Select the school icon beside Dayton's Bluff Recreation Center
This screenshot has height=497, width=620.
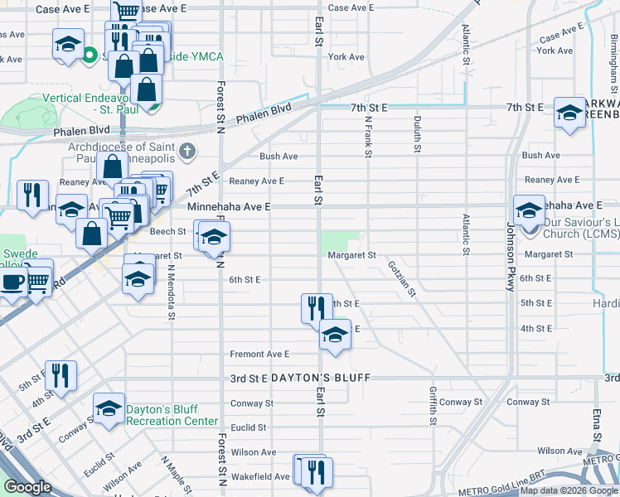[109, 408]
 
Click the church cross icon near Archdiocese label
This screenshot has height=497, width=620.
[188, 151]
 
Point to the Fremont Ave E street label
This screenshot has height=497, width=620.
[259, 354]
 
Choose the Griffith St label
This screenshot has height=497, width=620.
[433, 405]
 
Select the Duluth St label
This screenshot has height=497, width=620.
[416, 128]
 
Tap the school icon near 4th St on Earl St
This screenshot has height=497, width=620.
[334, 335]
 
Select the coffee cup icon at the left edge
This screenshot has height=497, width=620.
[12, 282]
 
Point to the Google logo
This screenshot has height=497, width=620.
[28, 488]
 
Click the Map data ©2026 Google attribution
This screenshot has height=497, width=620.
[568, 490]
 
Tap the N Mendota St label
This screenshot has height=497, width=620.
[172, 291]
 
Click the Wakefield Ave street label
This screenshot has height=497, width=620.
[259, 476]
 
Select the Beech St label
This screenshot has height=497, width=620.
[162, 232]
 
